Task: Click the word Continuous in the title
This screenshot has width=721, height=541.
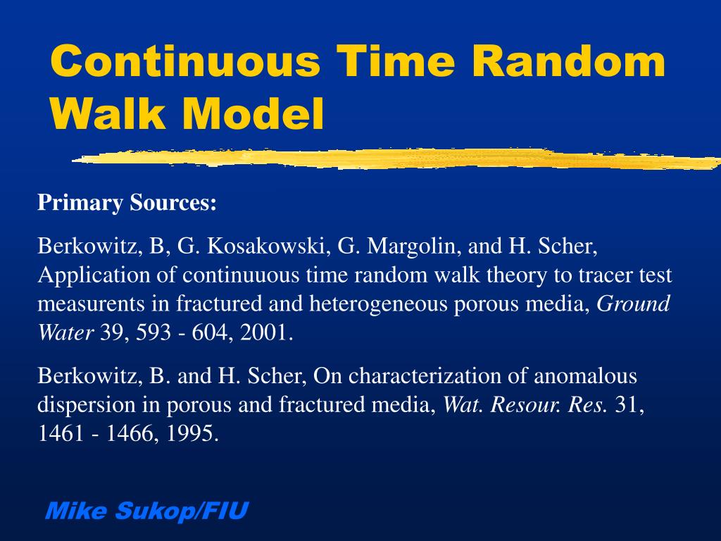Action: coord(184,61)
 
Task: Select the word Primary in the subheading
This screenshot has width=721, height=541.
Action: coord(80,204)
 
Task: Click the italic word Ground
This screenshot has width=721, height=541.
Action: coord(633,304)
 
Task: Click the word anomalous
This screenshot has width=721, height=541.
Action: coord(584,376)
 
